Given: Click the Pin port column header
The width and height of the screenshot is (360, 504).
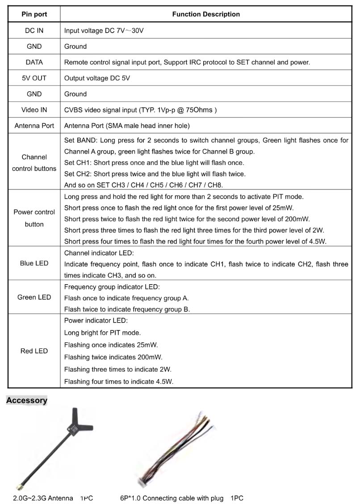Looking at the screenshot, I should coord(34,14).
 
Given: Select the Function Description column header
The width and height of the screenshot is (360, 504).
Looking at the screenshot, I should coord(206,14).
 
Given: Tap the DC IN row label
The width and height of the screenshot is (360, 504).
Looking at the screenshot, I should coord(34,31).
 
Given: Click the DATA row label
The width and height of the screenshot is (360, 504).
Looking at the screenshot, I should coord(34,63).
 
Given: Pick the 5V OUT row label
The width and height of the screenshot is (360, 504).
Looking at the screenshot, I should coord(34,78).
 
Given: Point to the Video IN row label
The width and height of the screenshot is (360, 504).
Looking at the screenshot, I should coord(34,110).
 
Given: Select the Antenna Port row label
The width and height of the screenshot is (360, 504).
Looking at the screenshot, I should coord(34,126).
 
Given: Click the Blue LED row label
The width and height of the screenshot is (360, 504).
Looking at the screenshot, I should coord(34,264).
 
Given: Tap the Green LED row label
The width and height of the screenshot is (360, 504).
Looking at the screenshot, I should coord(34,298).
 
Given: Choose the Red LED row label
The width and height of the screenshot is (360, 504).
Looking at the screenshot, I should coord(34,351).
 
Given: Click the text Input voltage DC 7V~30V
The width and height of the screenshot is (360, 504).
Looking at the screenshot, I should coord(104,31).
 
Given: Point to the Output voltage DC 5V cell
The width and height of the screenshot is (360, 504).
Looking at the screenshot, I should coord(97,78).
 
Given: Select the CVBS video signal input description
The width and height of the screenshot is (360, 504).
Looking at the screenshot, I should coord(140,110).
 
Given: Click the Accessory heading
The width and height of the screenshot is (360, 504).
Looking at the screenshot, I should coord(27,400).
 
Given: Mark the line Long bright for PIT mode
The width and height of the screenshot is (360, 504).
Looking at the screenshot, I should coord(102,333).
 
